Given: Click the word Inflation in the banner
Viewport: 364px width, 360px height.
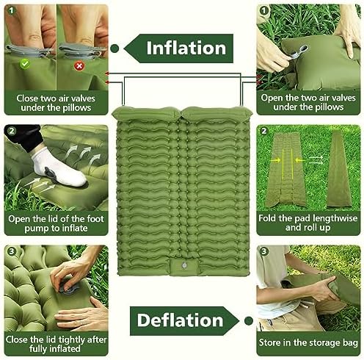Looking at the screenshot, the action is click(186, 48).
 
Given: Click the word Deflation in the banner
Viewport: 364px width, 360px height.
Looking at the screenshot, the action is click(181, 320).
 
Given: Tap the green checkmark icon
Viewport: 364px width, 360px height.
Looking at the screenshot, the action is click(24, 64).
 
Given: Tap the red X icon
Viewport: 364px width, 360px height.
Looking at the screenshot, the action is click(79, 65).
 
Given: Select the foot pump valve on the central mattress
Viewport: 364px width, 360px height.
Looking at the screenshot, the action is click(184, 265).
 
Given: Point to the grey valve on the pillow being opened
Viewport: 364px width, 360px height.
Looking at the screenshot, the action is click(298, 51).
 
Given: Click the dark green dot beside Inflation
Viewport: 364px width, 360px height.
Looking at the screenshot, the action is click(114, 48).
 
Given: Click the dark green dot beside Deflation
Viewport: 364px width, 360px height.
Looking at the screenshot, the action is click(249, 320).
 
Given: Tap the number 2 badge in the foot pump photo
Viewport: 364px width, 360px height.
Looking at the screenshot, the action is click(11, 131).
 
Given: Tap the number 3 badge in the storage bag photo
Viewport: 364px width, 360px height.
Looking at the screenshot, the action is click(263, 251).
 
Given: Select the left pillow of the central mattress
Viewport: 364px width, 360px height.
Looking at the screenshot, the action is click(147, 113).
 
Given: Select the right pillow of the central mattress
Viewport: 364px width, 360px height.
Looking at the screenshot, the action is click(217, 113).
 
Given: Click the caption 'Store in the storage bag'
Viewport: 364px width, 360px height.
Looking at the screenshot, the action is click(308, 342).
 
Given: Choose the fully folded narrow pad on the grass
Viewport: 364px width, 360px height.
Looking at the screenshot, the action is click(339, 169).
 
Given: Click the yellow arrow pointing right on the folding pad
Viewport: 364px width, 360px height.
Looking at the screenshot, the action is click(276, 160).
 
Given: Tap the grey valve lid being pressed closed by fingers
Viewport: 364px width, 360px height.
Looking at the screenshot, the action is click(68, 287).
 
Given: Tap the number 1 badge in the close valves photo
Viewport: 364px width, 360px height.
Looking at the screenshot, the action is click(11, 10).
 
